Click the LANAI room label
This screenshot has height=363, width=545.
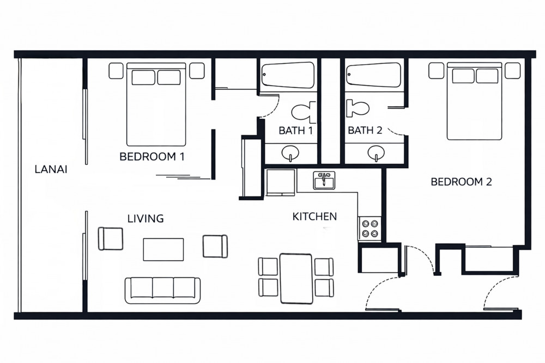(x=51, y=169)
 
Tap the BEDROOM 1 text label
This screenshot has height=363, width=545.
(x=152, y=157)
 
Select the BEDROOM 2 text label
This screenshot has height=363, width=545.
(x=461, y=182)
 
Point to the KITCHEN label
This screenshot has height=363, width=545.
(x=314, y=217)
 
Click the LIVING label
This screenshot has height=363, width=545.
(x=146, y=219)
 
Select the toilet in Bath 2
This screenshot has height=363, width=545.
(x=358, y=108)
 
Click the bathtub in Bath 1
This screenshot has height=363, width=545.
(x=287, y=75)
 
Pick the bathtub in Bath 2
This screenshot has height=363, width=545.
(x=374, y=75)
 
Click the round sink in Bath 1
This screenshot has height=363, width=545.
(x=290, y=153)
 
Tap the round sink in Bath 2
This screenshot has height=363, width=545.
(x=376, y=153)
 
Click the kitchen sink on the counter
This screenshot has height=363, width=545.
(x=324, y=181)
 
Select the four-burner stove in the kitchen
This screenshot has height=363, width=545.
(x=370, y=228)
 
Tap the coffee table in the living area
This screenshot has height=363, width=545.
(x=163, y=249)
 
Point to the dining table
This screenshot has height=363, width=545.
(x=296, y=279)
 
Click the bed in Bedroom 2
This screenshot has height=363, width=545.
(x=475, y=101)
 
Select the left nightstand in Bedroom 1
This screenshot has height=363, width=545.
(x=116, y=71)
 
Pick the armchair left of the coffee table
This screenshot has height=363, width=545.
(x=111, y=239)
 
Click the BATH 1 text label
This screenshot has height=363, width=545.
(x=296, y=131)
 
